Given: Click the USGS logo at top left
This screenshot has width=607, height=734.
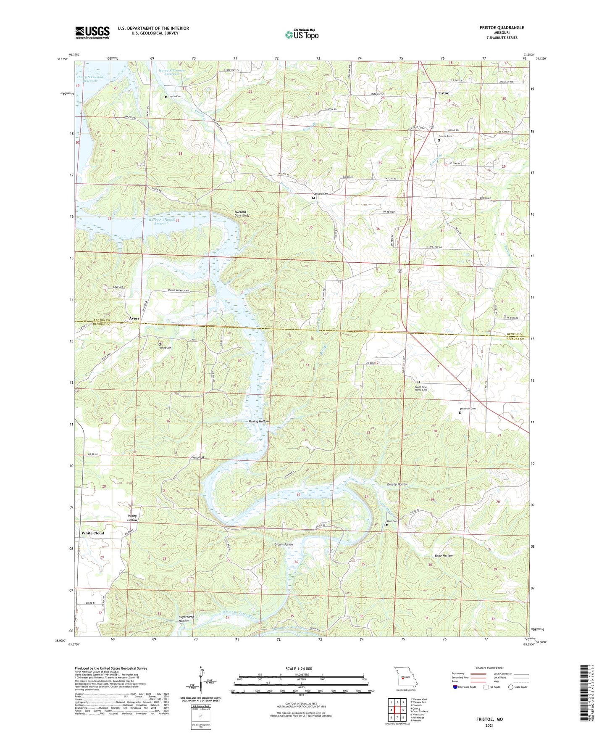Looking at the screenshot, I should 92,32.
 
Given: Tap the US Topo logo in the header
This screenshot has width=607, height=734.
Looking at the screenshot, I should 301,34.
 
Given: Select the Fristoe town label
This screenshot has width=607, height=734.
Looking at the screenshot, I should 442,93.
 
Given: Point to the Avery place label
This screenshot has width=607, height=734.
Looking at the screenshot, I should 134,319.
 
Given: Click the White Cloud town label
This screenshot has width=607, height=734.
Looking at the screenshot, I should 92,533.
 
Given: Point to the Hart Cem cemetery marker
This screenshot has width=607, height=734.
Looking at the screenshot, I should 387,525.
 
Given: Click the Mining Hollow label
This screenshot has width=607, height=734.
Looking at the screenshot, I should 258,421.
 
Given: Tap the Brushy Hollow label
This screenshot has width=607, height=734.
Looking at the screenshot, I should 397,484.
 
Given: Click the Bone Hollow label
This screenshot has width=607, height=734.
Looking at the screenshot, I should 444,556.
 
